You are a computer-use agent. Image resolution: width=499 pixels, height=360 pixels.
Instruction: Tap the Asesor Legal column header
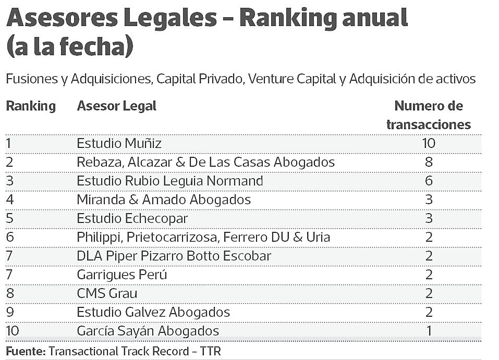click(x=116, y=106)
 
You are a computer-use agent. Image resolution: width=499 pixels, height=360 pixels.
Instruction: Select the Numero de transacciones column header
click(x=429, y=115)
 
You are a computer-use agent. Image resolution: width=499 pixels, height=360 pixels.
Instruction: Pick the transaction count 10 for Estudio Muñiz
click(x=429, y=143)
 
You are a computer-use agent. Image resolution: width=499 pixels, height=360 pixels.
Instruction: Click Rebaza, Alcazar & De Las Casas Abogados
click(x=205, y=162)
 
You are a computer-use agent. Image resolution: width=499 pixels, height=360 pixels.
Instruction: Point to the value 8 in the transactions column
click(x=429, y=162)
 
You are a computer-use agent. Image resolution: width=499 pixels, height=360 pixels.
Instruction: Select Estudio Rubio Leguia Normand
click(x=170, y=181)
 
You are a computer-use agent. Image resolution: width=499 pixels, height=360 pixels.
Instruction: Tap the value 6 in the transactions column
click(x=429, y=181)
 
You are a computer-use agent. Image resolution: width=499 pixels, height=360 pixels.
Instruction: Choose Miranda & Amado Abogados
click(x=164, y=200)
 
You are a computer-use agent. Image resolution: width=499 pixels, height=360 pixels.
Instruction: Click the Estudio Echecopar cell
click(x=132, y=218)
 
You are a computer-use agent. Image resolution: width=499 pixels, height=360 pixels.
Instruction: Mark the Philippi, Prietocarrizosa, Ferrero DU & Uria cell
click(x=203, y=237)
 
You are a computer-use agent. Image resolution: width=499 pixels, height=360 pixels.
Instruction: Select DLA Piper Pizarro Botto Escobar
click(x=174, y=256)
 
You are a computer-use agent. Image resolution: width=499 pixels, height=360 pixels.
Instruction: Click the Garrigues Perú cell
click(x=122, y=275)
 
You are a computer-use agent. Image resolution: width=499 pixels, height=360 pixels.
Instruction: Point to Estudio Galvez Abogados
click(x=153, y=312)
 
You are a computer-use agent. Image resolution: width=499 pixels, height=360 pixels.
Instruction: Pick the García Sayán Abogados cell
click(x=148, y=331)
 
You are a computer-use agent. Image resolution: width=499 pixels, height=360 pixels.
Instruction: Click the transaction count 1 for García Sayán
click(x=429, y=331)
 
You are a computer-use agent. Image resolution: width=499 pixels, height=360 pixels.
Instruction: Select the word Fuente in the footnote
click(x=25, y=351)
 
